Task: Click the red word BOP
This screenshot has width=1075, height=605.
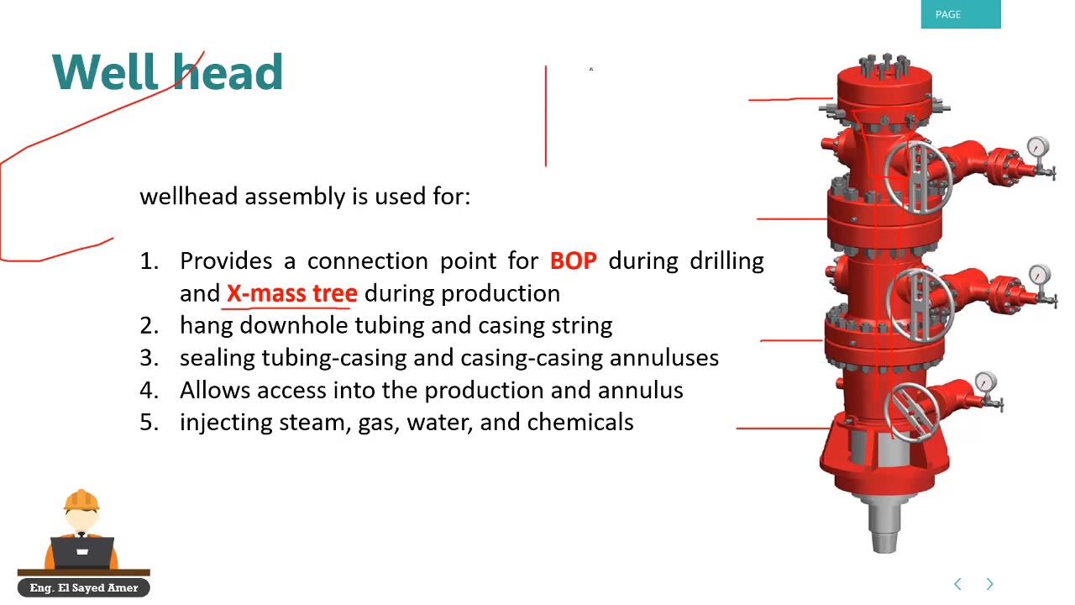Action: (573, 261)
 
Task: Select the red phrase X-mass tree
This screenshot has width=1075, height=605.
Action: (291, 293)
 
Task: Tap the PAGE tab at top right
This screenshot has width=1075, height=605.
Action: (960, 14)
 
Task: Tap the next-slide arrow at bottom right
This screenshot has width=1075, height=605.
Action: (989, 584)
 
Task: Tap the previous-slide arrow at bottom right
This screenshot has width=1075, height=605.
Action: (957, 584)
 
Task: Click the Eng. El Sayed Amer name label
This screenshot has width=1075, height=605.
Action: (83, 588)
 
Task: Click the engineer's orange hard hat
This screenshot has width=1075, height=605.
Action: (81, 501)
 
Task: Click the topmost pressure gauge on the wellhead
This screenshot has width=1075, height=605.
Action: (1038, 148)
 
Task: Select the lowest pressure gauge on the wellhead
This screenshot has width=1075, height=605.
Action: (986, 383)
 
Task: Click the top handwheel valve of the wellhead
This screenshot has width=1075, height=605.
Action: (917, 176)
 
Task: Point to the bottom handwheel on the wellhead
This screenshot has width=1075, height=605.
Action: (905, 410)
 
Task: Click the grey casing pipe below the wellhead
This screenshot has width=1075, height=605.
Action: (884, 525)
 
